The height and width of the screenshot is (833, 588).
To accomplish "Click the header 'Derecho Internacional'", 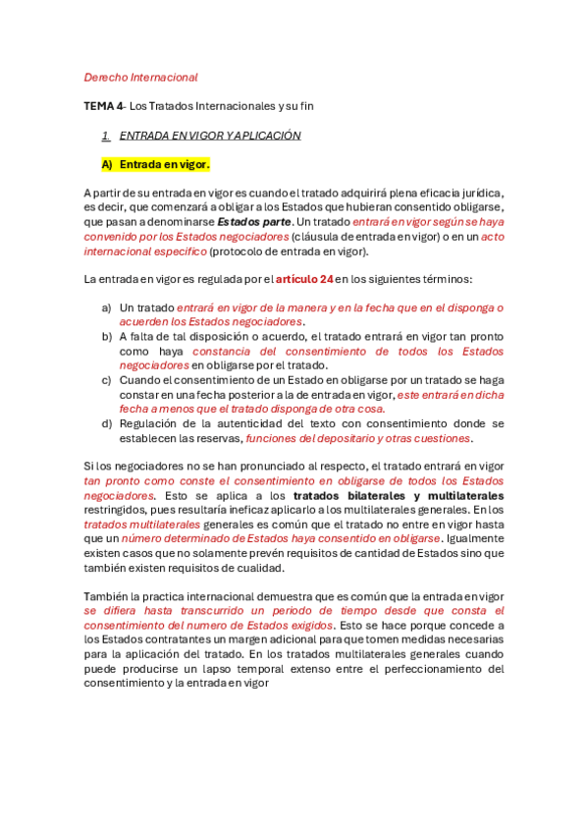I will click(x=140, y=77).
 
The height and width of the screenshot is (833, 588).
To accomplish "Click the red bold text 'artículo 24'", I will click(x=304, y=280).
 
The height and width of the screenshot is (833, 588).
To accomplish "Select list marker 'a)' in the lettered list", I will click(x=106, y=307).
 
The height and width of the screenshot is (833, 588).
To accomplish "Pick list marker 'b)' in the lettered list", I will click(x=106, y=336).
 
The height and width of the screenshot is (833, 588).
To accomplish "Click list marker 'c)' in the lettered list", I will click(x=106, y=379).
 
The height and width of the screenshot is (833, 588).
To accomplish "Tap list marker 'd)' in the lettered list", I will click(x=106, y=423).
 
